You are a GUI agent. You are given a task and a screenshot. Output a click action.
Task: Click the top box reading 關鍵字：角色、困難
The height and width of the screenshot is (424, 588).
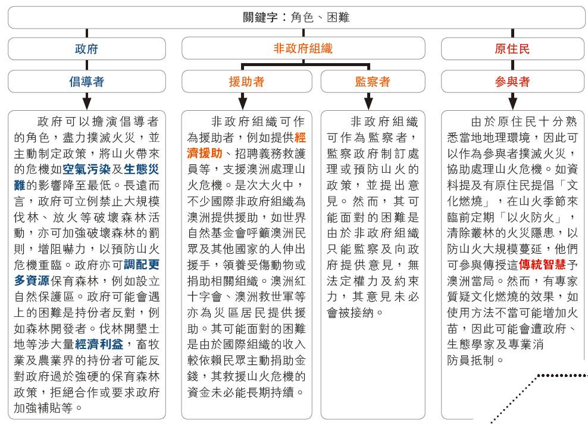[296, 17]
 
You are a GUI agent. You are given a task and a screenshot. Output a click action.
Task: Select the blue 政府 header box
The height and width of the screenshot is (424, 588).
[87, 48]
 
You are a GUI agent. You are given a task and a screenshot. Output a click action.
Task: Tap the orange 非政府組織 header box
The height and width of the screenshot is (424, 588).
[303, 48]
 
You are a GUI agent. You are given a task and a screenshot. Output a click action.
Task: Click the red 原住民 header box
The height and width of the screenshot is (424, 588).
[512, 48]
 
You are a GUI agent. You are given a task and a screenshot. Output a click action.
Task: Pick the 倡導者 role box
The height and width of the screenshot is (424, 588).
[87, 81]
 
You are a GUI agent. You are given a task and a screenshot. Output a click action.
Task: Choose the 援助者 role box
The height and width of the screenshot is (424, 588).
[247, 81]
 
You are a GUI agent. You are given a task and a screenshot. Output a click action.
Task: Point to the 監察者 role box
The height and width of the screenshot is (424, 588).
[373, 81]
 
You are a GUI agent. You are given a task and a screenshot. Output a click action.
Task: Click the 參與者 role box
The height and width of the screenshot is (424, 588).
[512, 81]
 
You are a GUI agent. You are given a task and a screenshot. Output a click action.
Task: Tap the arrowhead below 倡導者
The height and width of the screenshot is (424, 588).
[87, 104]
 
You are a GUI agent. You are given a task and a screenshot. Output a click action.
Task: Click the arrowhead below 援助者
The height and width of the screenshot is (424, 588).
[243, 104]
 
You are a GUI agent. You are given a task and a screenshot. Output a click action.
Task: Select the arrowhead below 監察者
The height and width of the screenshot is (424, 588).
[368, 104]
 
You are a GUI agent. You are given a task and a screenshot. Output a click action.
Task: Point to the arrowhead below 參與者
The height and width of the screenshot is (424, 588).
[512, 104]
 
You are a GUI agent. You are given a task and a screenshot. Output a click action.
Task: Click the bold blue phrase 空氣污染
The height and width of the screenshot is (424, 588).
[87, 169]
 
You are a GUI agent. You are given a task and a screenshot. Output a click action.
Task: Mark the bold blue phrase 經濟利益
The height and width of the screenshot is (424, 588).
[99, 344]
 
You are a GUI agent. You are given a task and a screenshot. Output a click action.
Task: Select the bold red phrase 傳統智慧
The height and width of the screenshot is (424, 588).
[542, 264]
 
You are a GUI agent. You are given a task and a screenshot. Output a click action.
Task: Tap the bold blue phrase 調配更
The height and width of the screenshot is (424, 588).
[142, 264]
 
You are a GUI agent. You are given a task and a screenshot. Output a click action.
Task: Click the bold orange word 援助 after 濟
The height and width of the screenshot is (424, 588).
[210, 153]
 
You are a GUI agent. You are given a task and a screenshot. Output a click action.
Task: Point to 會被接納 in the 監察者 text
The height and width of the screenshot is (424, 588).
[350, 312]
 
